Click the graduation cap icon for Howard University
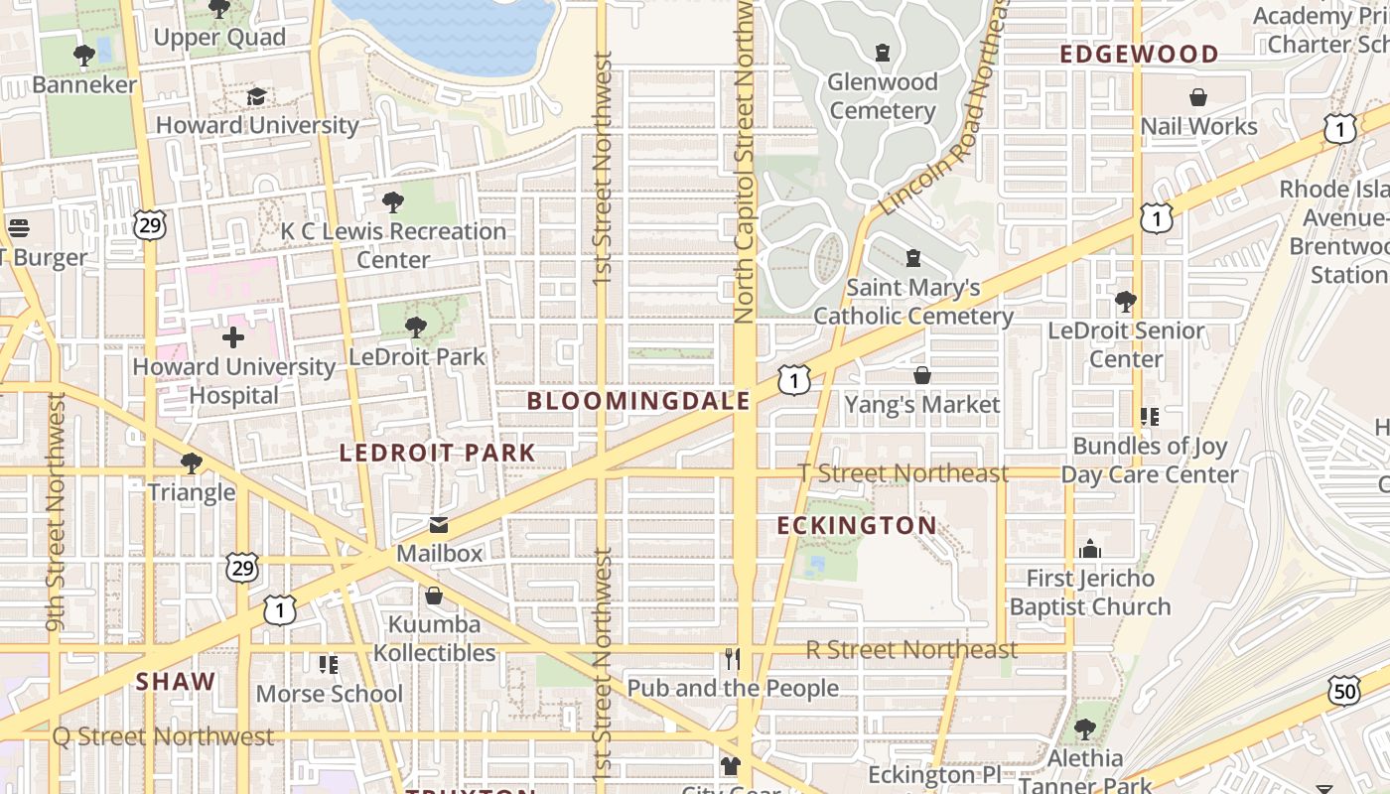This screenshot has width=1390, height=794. pos(256,96)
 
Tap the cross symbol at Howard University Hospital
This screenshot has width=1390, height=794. pos(233,337)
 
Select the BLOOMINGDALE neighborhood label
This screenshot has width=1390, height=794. pos(638,401)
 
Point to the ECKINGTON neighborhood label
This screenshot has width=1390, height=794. pos(857,525)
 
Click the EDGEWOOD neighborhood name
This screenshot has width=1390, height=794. pos(1139,54)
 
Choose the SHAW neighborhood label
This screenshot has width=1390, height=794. pos(176,681)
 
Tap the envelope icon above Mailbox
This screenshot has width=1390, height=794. pos(438,524)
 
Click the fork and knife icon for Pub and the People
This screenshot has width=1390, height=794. pos(733,659)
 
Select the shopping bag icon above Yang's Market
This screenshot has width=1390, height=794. pos(922,375)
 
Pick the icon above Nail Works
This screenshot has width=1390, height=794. pos(1198,97)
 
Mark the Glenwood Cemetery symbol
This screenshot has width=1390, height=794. pos(883,53)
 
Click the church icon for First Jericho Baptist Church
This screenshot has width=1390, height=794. pos(1090,549)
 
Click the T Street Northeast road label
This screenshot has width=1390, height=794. pos(903,473)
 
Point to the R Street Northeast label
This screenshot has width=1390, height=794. pos(911,650)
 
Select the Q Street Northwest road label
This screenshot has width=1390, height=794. pos(163,736)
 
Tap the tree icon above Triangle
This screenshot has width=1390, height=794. pos(192,463)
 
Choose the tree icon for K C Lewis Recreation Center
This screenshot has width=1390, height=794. pos(393,202)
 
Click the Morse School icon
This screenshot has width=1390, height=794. pos(329,664)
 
